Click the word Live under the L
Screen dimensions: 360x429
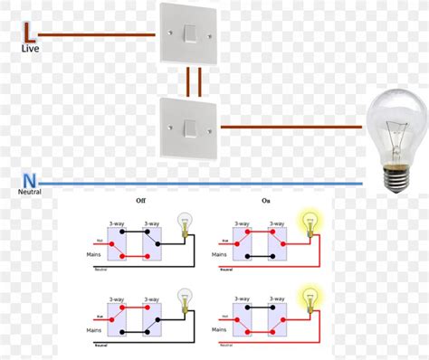[30, 51]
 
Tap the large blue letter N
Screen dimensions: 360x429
[30, 180]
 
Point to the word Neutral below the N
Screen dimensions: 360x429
[29, 193]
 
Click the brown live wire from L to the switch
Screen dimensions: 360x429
[100, 37]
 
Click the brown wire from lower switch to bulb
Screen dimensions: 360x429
[290, 128]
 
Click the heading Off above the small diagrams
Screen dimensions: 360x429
[141, 201]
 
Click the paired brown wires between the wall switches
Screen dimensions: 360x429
[192, 81]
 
